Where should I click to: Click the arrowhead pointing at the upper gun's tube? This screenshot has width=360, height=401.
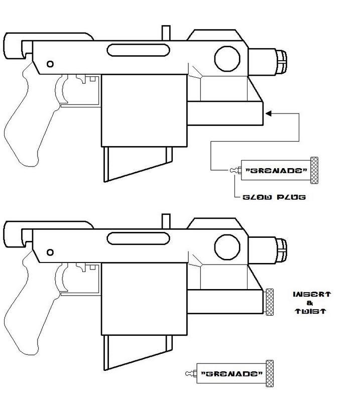pos(269,114)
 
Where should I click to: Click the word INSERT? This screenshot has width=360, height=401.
pos(311,294)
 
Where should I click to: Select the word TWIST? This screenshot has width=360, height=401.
pos(311,311)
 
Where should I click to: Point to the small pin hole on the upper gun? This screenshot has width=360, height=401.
pos(50,64)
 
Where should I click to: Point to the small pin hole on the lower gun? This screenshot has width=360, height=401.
pos(50,250)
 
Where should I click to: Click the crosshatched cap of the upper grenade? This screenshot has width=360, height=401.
pos(315,170)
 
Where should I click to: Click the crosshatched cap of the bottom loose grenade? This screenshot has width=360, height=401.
pos(270,373)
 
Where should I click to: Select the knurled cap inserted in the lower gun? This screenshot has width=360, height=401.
pos(270,302)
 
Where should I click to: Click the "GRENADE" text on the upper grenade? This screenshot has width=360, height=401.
pos(276,170)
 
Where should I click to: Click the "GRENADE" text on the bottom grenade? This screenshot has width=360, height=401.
pos(231,374)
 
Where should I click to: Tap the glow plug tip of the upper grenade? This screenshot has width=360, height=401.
pos(233,170)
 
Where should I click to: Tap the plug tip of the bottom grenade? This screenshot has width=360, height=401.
pos(189,373)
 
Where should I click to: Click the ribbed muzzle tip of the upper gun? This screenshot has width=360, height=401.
pos(282,60)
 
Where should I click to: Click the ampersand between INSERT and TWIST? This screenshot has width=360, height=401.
pos(312,303)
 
